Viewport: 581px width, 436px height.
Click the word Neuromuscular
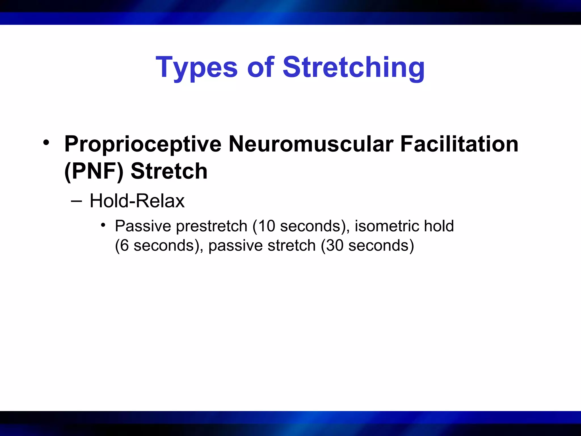[311, 144]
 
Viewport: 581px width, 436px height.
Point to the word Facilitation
[459, 144]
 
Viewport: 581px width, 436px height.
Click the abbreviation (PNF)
[94, 171]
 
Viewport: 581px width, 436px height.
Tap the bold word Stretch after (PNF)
[169, 171]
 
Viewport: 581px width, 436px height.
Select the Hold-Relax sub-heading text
[137, 201]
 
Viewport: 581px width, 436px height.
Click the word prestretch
[212, 226]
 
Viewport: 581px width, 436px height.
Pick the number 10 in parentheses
[267, 226]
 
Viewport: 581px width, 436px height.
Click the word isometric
[387, 226]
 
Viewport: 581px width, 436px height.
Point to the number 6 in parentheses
[124, 246]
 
